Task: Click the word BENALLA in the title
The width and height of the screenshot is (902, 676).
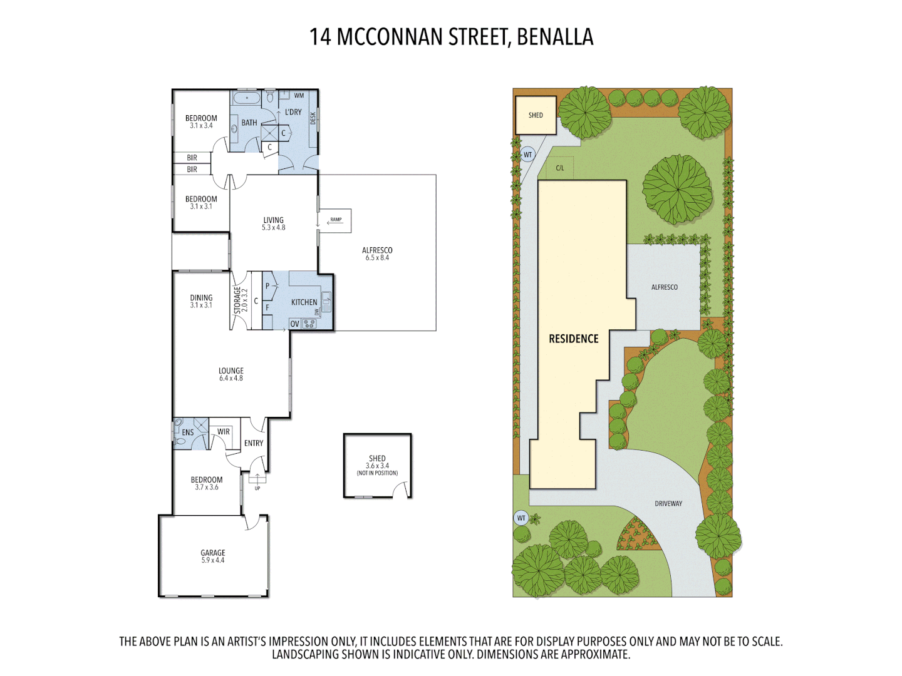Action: [x=555, y=37]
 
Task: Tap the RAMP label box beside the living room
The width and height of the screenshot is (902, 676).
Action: [x=336, y=220]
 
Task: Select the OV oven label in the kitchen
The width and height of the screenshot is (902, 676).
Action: [x=294, y=324]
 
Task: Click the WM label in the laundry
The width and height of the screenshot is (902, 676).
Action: [x=299, y=96]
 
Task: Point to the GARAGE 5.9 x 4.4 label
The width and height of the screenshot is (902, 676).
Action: [x=213, y=556]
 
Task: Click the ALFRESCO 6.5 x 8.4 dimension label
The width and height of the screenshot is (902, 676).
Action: [x=377, y=253]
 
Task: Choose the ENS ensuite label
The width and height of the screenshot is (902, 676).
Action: [x=188, y=433]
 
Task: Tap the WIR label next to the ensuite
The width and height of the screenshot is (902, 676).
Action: [x=224, y=432]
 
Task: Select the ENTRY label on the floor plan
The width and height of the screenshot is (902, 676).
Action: [x=254, y=443]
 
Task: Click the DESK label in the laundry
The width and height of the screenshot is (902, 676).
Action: [x=313, y=118]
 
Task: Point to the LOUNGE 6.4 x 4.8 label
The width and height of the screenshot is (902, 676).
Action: [x=231, y=374]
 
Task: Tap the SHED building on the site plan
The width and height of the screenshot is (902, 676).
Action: [x=536, y=115]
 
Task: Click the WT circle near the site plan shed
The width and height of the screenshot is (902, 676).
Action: [x=527, y=155]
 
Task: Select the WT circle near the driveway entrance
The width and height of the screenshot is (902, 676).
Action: [x=521, y=518]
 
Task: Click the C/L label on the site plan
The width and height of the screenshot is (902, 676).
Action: [x=560, y=168]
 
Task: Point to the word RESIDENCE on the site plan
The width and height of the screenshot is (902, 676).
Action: [x=574, y=339]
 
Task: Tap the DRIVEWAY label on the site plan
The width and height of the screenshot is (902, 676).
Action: [x=668, y=503]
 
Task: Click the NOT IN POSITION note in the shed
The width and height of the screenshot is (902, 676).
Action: [x=377, y=473]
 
